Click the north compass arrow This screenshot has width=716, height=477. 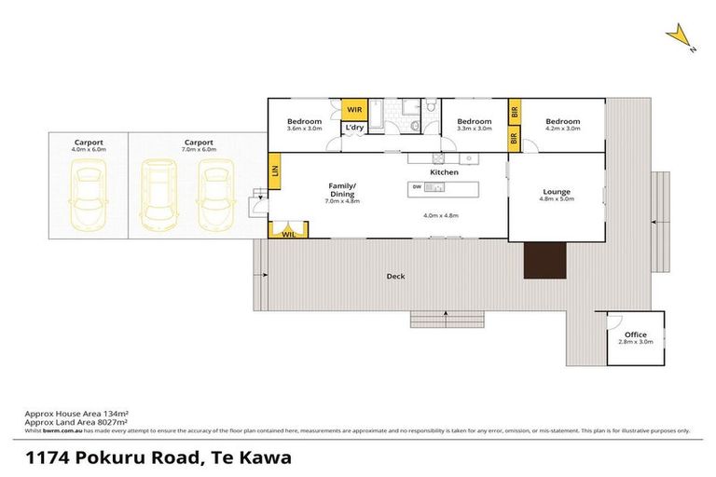680,36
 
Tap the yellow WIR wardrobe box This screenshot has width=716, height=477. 354,110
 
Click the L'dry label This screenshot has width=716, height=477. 354,127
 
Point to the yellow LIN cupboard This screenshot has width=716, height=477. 274,170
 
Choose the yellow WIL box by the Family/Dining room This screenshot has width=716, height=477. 288,236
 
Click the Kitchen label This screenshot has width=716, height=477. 444,172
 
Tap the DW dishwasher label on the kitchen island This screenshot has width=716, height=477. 417,187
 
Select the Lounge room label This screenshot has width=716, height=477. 557,192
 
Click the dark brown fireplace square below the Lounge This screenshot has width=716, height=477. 544,259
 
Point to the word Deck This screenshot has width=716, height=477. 395,276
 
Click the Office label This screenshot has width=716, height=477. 635,334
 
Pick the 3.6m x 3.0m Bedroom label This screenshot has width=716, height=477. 304,122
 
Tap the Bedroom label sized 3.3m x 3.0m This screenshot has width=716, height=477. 474,122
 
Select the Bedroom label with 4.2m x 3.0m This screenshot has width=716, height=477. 562,122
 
